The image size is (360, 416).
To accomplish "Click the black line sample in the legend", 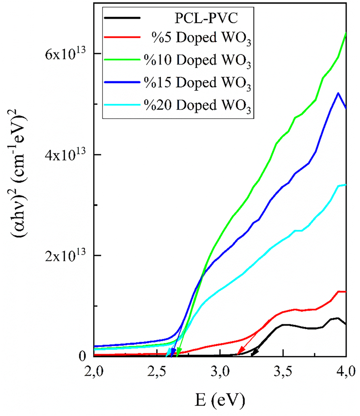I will (122, 18).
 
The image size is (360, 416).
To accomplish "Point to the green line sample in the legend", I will (122, 60).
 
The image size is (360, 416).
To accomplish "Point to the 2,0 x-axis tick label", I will (94, 370).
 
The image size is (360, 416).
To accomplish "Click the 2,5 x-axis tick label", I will (157, 370).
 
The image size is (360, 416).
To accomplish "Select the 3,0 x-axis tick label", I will (220, 370).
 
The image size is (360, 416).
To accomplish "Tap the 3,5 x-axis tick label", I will (283, 370).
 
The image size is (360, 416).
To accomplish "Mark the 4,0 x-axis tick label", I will (345, 370).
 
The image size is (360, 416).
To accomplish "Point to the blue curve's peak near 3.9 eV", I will (338, 93).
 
